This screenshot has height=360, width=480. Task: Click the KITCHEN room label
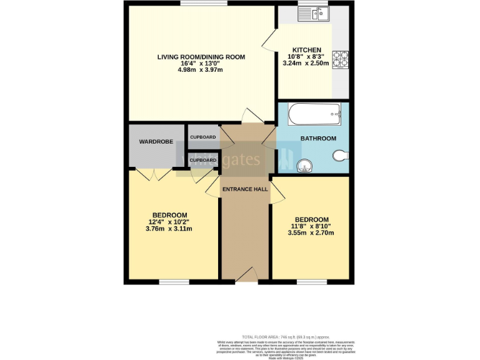307,50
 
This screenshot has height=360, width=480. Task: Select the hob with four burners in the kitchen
341,59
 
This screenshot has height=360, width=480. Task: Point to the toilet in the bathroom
340,156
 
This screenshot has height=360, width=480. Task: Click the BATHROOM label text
318,138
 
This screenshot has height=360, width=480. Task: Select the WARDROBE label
156,142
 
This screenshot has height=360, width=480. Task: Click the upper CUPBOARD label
202,137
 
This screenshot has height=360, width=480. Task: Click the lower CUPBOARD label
202,160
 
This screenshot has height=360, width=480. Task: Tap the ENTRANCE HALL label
244,189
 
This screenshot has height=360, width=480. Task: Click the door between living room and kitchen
269,42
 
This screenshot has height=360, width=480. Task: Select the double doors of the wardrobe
152,174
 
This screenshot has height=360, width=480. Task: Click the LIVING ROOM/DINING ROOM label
201,57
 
